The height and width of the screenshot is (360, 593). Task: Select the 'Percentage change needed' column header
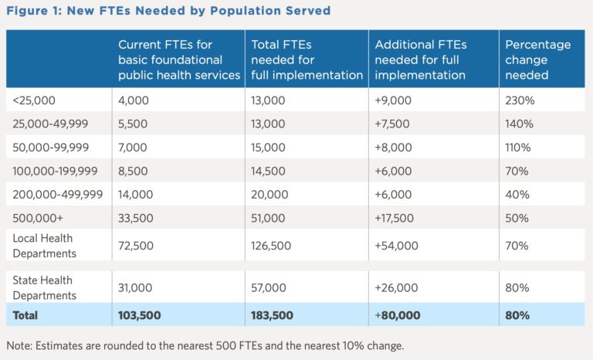[537, 59]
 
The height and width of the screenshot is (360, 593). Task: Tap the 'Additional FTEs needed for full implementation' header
[420, 59]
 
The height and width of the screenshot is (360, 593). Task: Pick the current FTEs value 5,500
[134, 124]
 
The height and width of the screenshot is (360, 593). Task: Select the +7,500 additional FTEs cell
[392, 124]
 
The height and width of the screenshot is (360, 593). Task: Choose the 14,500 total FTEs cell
[268, 171]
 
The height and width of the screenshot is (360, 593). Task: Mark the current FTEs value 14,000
[137, 194]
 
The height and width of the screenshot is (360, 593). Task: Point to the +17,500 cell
[395, 217]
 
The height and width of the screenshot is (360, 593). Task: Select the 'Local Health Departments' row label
[45, 246]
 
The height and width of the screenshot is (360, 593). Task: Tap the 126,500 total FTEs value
[272, 246]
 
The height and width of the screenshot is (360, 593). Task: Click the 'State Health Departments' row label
[45, 287]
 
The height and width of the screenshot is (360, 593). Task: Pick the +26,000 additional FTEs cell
[395, 287]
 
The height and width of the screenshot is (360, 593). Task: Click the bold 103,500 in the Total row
[140, 315]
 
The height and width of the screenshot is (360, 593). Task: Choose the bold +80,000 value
[396, 315]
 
